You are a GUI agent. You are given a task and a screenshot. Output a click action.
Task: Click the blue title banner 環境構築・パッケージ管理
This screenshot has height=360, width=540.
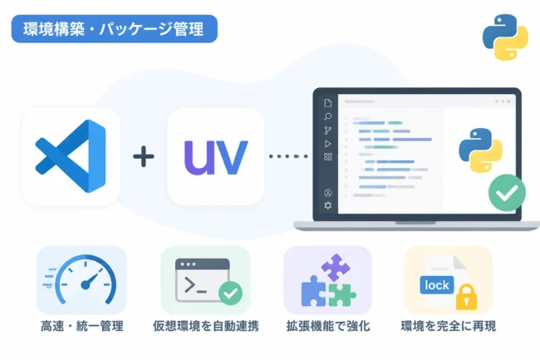tap(115, 28)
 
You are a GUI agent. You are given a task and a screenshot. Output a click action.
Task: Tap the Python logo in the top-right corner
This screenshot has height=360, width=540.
tap(505, 37)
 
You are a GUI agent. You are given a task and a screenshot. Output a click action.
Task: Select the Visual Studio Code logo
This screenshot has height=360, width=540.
tap(71, 156)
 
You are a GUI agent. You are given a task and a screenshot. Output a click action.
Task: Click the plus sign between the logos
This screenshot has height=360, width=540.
tap(143, 156)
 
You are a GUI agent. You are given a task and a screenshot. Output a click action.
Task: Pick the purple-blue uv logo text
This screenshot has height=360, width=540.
tap(216, 157)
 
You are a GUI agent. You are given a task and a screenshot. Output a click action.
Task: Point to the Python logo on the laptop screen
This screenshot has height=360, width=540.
tap(481, 150)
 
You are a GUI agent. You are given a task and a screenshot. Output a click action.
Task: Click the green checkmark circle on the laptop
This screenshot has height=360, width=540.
tap(507, 193)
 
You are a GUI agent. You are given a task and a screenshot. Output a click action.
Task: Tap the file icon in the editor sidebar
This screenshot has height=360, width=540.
tap(328, 103)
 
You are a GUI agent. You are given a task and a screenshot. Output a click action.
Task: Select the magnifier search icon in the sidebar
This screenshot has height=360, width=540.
tap(328, 116)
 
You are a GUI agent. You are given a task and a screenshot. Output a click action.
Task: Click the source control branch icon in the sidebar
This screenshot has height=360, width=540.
tap(328, 131)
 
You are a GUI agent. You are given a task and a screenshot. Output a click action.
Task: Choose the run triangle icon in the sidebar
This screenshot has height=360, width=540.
tap(328, 144)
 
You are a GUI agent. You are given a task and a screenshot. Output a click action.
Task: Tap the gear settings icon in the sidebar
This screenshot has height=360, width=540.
tap(328, 205)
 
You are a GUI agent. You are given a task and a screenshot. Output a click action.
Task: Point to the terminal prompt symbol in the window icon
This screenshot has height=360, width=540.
tap(195, 285)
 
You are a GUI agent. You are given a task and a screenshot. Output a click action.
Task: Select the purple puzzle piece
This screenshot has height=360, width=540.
tap(336, 268)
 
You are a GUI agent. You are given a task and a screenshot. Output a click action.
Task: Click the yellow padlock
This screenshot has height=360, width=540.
tap(466, 297)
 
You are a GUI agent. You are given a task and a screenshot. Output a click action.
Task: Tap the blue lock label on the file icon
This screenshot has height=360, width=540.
tap(437, 285)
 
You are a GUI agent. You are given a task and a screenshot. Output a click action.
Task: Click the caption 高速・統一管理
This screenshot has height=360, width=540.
tap(82, 326)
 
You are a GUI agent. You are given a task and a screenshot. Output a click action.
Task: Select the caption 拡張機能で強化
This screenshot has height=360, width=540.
tap(328, 326)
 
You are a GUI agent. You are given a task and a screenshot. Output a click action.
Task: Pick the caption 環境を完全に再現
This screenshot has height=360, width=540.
tap(449, 326)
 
